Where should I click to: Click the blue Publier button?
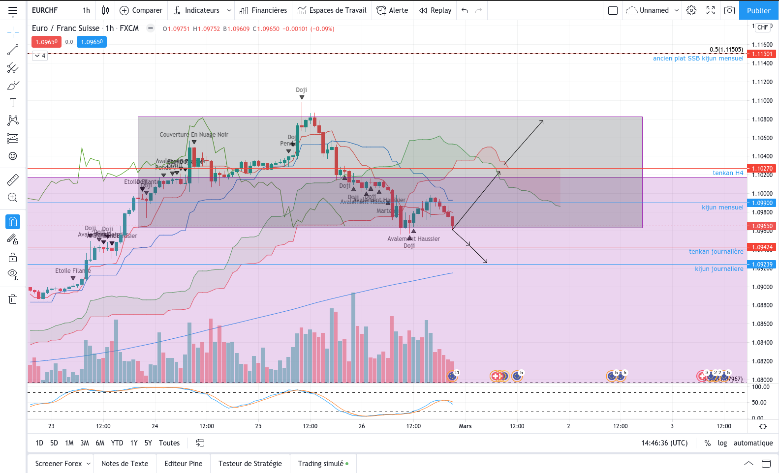pos(758,10)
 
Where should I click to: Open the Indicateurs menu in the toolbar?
pos(202,10)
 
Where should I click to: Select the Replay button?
pos(436,10)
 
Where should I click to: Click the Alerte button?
pos(392,10)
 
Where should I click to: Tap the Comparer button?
pos(141,10)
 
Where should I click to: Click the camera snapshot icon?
pos(729,10)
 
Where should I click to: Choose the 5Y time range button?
pos(148,443)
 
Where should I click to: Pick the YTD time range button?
pos(117,443)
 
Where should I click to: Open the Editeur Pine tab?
pos(183,464)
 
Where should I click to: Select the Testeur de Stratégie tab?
pos(250,464)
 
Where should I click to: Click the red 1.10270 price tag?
pos(762,169)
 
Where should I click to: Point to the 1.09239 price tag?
pos(762,265)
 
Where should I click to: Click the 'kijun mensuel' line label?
pos(722,207)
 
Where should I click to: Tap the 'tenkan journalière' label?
pos(716,252)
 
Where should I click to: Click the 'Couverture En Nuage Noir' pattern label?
pos(194,135)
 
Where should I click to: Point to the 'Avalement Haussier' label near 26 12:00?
pos(413,239)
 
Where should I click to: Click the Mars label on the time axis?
pos(465,426)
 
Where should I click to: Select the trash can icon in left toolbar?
pos(13,299)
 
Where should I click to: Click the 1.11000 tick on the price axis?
pos(762,101)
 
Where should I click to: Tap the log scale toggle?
pos(722,443)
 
